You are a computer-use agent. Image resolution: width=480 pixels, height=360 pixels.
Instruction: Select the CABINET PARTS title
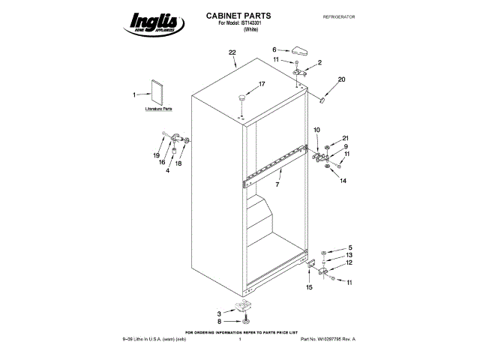pos(238,15)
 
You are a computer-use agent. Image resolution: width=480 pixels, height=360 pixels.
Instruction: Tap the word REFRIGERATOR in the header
pos(337,16)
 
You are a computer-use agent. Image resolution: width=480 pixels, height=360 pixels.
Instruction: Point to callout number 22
pos(232,52)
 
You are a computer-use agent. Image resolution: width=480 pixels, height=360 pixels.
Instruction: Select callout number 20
pos(341,79)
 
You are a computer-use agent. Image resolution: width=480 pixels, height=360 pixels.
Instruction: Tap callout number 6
pos(274,49)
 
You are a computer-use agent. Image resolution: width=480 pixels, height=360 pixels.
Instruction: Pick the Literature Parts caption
pos(158,109)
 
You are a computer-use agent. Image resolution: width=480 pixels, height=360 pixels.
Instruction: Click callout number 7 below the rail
pos(277,184)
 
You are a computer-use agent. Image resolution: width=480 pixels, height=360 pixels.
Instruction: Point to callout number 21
pos(346,138)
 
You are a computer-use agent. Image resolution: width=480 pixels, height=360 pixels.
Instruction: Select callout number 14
pos(343,181)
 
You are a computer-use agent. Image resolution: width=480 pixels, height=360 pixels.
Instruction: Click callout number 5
pos(349,247)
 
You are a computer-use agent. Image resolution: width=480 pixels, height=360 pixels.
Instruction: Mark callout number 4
pos(167,171)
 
